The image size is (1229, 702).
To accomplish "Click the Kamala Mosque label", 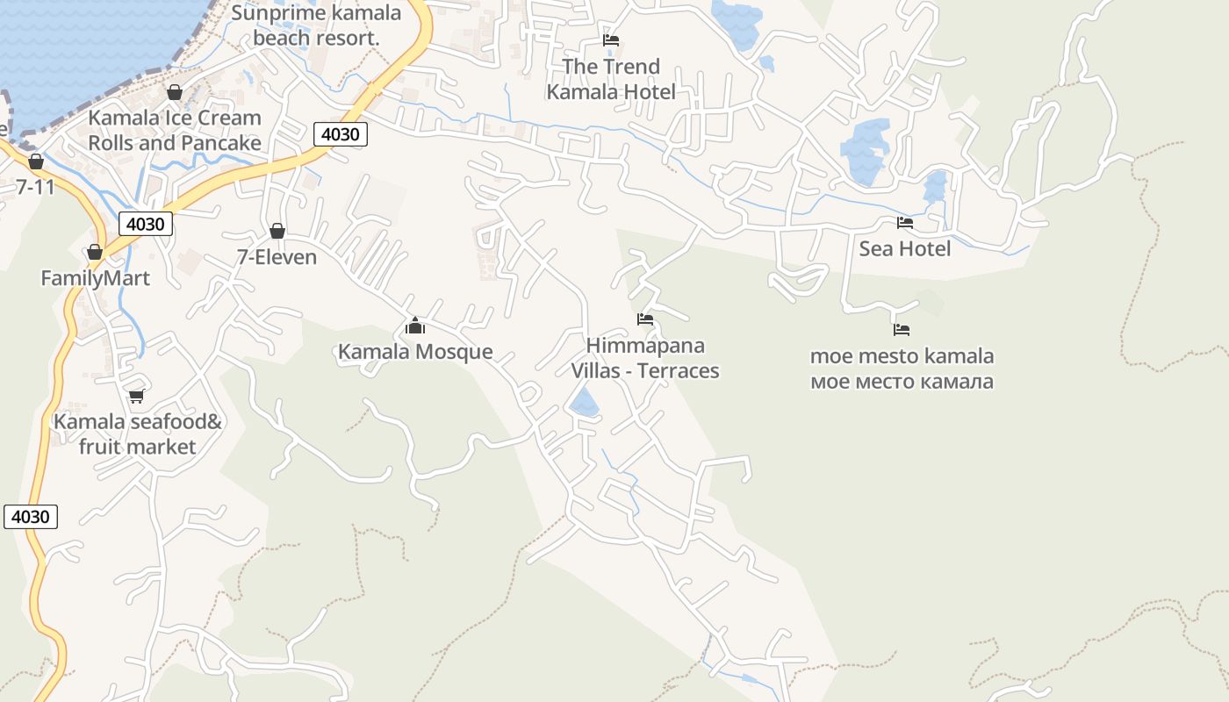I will point(415,352).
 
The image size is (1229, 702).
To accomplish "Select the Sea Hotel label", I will point(904,248).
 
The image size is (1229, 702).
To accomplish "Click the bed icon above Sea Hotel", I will point(904,223).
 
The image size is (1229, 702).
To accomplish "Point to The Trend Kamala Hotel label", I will point(611,79).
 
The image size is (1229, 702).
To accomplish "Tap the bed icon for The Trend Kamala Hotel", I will point(611,40).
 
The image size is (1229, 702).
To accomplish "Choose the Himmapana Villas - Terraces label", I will point(645,358).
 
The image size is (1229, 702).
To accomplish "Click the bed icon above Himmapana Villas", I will point(645,319).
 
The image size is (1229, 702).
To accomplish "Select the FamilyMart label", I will point(95,278).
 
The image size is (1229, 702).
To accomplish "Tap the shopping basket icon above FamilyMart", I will point(95,253).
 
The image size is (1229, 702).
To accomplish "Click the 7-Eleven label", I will point(277,257).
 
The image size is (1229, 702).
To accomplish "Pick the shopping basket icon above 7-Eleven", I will point(277,231).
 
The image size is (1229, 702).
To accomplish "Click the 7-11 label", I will point(35,186).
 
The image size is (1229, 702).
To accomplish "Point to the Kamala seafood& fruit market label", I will point(138,434).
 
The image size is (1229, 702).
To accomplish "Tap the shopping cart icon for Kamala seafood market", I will point(136,397).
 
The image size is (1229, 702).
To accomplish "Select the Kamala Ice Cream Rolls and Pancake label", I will point(175,130).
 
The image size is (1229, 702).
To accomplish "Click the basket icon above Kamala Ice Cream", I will point(175,92).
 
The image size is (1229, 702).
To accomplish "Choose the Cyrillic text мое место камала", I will point(902,382).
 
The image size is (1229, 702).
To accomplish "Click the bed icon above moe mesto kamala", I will point(902,330).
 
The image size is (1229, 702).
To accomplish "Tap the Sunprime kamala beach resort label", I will point(316,25).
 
